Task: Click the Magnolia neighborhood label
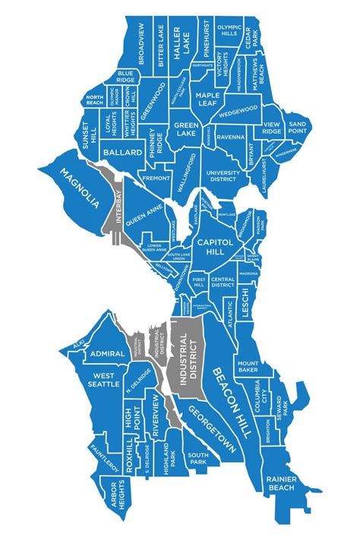80,185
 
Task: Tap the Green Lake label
186,129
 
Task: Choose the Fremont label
156,178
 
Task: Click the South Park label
198,458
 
